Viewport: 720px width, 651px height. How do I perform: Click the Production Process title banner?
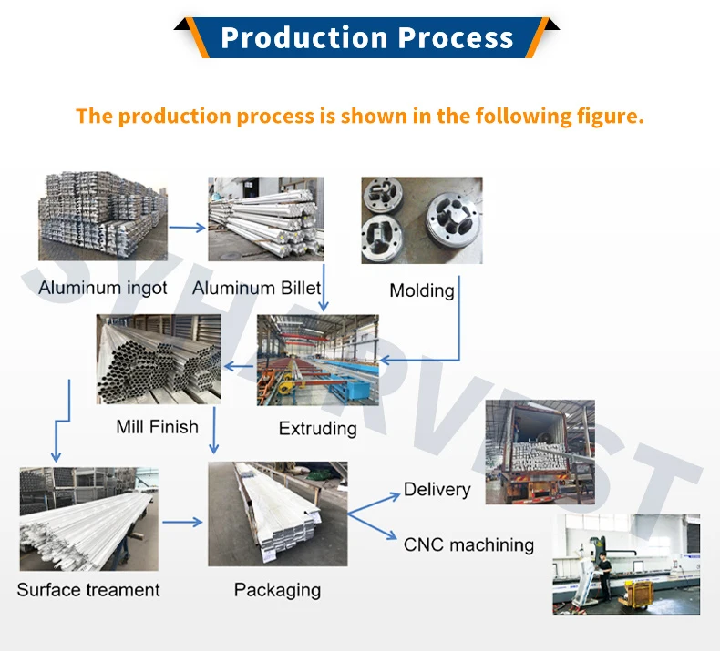point(366,38)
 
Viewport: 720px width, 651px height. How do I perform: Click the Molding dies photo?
point(421,221)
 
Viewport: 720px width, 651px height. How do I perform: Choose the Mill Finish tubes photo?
point(158,360)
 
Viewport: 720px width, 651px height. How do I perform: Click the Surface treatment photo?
point(88,519)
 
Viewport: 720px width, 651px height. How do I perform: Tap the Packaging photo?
point(278,514)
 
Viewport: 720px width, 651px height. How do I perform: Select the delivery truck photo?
point(540,452)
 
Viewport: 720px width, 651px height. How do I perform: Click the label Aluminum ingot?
point(103,289)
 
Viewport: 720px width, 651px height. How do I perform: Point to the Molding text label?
point(421,290)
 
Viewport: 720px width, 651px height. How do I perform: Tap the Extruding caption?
point(318,428)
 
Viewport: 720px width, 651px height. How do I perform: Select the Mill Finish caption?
point(157,426)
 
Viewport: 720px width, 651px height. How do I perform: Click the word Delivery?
point(437,490)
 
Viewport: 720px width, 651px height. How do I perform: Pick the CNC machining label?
point(468,545)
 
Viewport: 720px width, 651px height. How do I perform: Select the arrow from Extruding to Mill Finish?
point(241,367)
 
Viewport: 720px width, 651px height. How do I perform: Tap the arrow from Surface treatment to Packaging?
point(182,523)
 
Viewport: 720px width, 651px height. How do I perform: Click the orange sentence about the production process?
point(360,117)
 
